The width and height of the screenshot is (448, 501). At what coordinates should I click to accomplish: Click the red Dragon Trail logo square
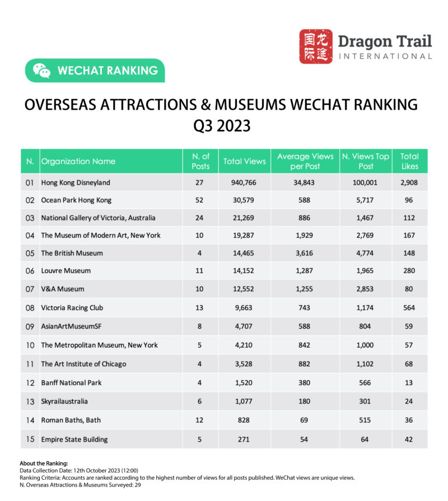pyautogui.click(x=316, y=46)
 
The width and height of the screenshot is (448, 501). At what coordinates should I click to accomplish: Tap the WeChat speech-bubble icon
pyautogui.click(x=41, y=71)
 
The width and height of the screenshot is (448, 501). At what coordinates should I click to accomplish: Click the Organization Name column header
pyautogui.click(x=78, y=161)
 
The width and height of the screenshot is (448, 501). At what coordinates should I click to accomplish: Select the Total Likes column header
pyautogui.click(x=410, y=161)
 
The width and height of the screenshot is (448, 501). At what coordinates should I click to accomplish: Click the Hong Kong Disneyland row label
pyautogui.click(x=76, y=182)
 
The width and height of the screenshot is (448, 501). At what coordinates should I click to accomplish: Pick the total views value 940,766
pyautogui.click(x=244, y=182)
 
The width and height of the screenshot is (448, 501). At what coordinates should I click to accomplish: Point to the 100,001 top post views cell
pyautogui.click(x=365, y=182)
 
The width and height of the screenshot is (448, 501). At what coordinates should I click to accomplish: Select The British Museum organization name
pyautogui.click(x=72, y=253)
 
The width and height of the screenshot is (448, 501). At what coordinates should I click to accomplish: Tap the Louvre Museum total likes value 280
pyautogui.click(x=410, y=271)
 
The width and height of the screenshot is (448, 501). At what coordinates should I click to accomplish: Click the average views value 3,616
pyautogui.click(x=305, y=253)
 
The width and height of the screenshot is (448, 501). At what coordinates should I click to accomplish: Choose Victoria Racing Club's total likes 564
pyautogui.click(x=410, y=308)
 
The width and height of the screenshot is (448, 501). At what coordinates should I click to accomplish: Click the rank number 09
pyautogui.click(x=30, y=326)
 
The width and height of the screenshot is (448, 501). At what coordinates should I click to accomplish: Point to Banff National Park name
pyautogui.click(x=71, y=383)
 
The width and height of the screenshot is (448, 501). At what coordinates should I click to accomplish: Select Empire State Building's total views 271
pyautogui.click(x=244, y=439)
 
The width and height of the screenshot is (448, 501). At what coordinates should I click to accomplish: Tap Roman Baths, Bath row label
pyautogui.click(x=71, y=420)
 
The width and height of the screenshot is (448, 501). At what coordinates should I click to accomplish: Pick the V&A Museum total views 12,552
pyautogui.click(x=244, y=289)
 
